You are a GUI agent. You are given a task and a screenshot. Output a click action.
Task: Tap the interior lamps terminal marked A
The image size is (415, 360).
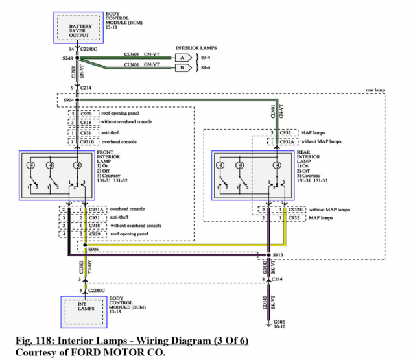point(182,57)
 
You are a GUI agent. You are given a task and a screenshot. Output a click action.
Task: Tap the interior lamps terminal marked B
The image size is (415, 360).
point(182,67)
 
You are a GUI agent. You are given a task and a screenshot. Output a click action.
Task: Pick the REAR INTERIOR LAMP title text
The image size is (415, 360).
point(309,158)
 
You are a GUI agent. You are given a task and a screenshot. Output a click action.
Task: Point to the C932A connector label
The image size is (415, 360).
point(289,141)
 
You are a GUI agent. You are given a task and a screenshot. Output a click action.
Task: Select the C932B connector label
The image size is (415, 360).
point(294,210)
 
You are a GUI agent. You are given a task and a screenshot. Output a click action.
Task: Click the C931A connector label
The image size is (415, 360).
point(95,210)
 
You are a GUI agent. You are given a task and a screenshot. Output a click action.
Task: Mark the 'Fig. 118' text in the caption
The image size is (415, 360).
point(35,341)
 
